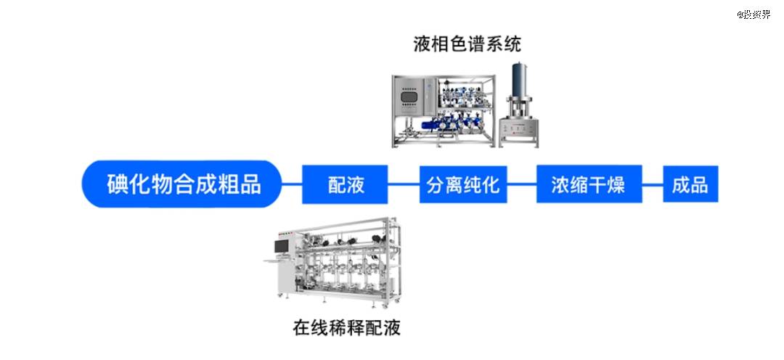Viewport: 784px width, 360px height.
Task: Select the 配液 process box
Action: click(345, 184)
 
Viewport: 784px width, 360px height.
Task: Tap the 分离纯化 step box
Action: click(462, 184)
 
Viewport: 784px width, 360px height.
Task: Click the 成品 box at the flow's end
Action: click(690, 184)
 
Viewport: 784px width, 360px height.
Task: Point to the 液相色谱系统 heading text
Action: click(467, 44)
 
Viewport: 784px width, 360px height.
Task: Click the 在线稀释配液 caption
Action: click(347, 327)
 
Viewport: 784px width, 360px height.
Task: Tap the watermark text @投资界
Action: click(754, 14)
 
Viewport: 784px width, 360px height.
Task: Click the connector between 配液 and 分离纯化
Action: click(404, 184)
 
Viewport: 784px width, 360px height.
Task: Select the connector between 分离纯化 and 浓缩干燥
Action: click(521, 184)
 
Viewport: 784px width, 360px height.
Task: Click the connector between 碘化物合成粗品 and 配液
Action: click(291, 184)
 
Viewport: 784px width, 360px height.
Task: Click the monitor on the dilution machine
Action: click(280, 247)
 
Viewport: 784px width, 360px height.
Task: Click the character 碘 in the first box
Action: click(118, 184)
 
